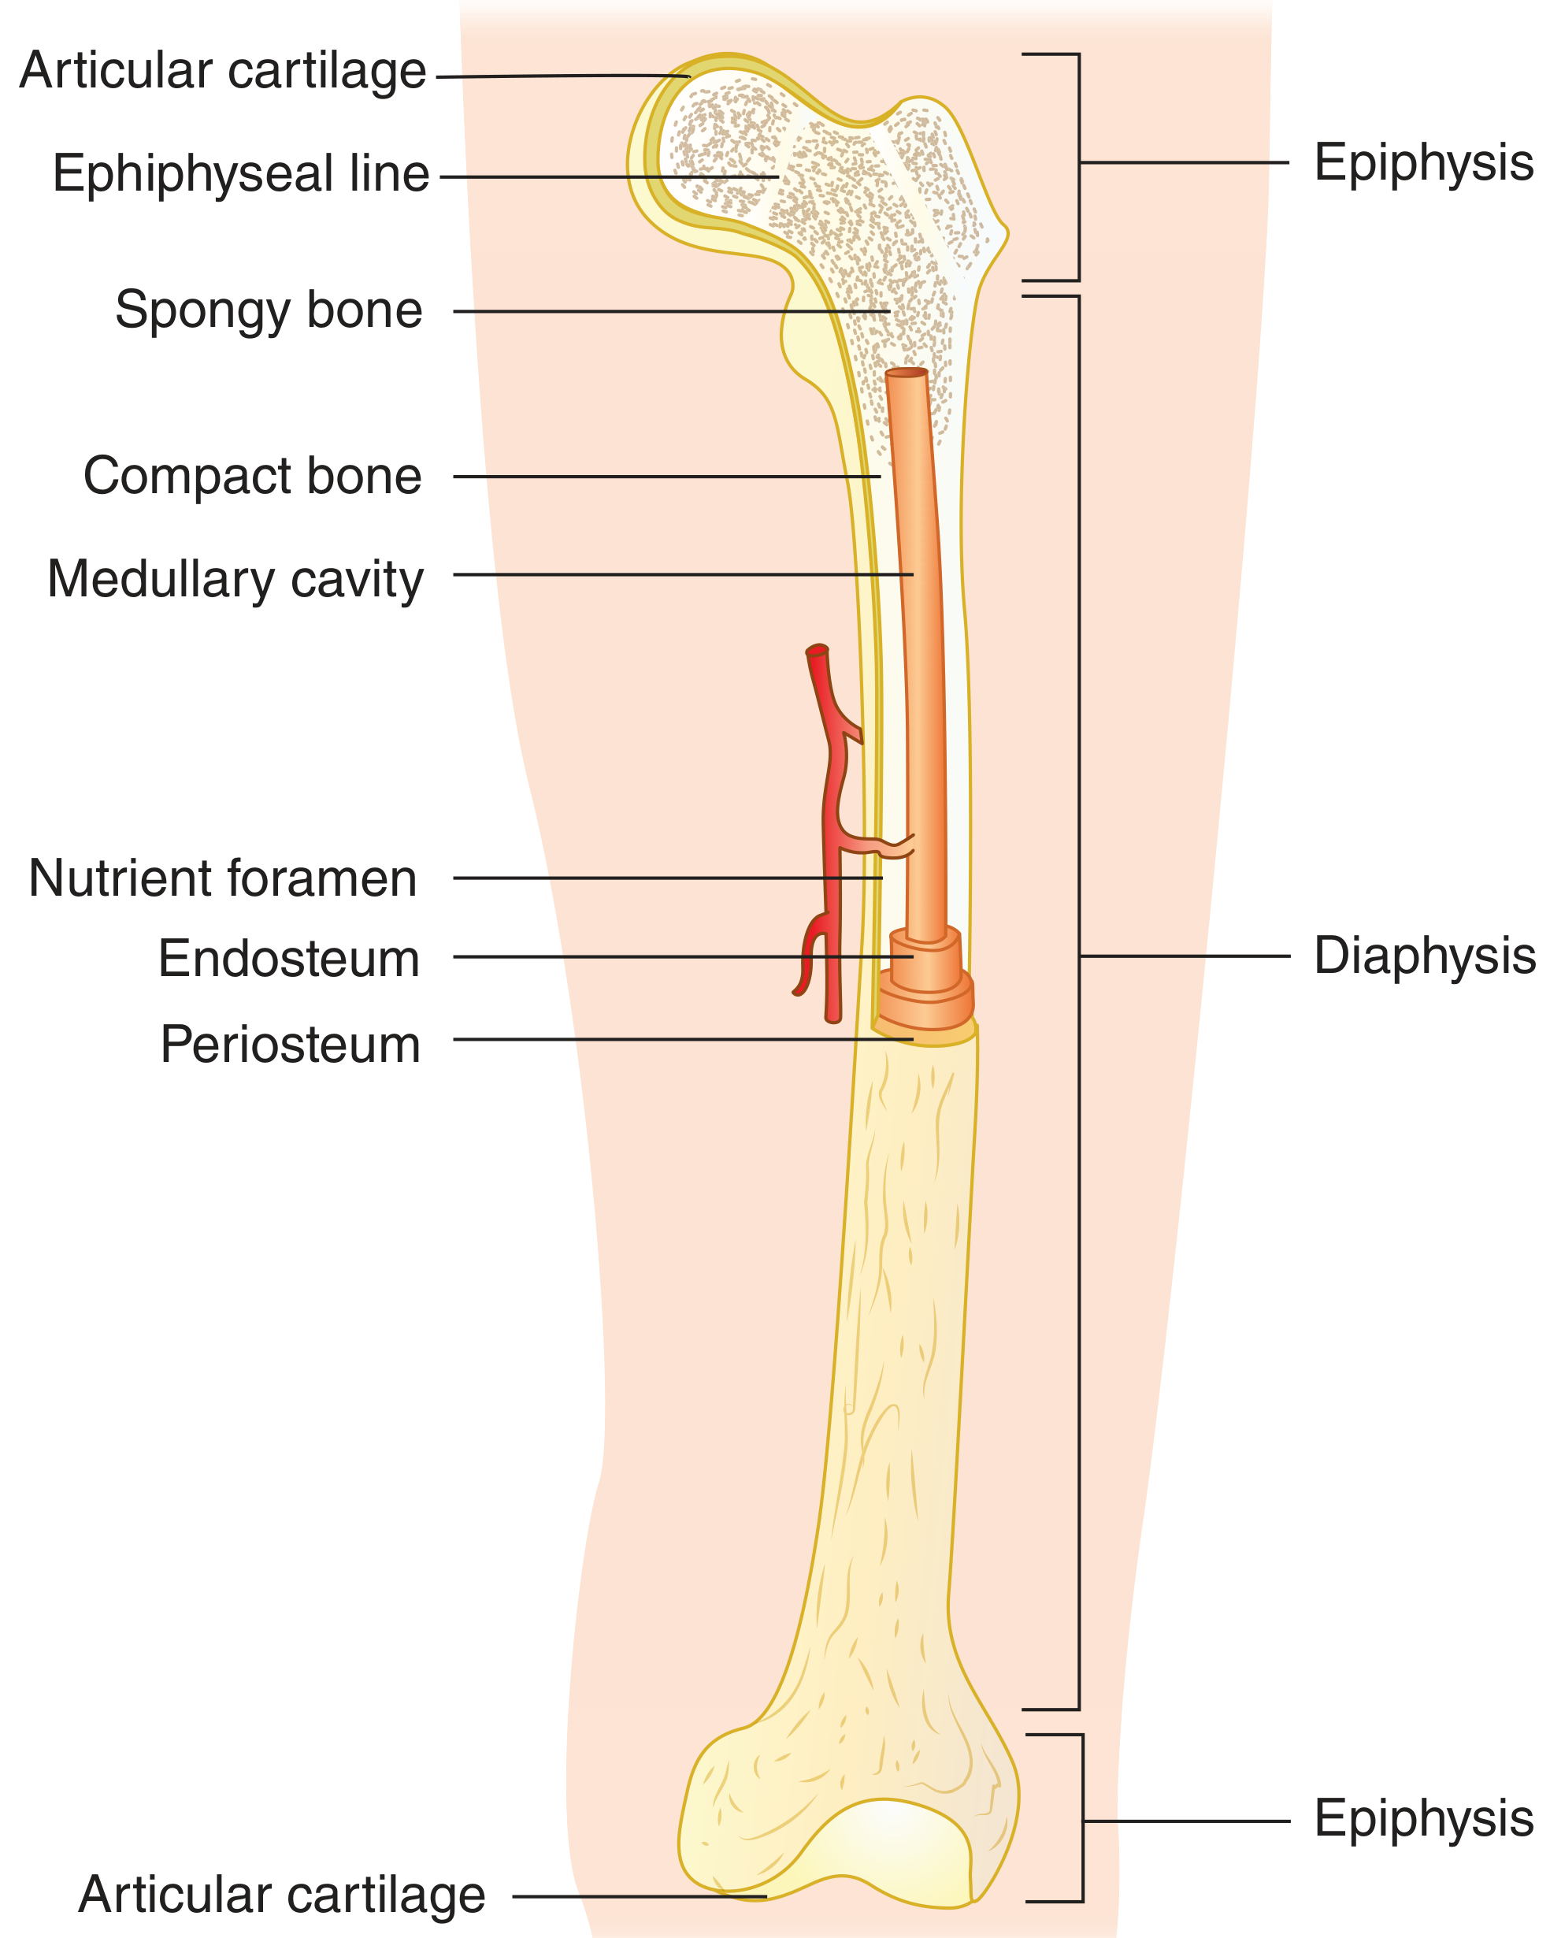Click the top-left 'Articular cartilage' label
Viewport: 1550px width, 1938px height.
click(223, 72)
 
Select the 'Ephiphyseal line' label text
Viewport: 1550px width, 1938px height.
click(241, 174)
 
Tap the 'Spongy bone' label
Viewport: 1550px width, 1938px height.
click(269, 311)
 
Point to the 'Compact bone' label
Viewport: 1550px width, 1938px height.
click(253, 476)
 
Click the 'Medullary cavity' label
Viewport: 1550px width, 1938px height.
click(235, 580)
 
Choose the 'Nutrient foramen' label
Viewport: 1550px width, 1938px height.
click(223, 878)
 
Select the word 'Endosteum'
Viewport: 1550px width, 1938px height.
click(289, 959)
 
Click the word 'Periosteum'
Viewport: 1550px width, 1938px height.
click(291, 1045)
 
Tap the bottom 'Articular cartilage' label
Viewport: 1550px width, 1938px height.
click(282, 1895)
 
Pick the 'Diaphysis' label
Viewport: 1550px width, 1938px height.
click(1425, 956)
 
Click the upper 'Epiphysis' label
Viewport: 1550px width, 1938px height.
click(1424, 164)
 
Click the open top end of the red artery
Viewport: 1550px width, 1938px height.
click(817, 650)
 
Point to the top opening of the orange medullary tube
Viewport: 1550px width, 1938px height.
click(906, 372)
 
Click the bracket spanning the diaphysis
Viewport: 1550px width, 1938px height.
click(1078, 1002)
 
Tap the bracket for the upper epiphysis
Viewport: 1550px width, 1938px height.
click(1078, 167)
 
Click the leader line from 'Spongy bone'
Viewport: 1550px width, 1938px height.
click(671, 312)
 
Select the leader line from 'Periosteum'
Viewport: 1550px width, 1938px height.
click(683, 1040)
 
